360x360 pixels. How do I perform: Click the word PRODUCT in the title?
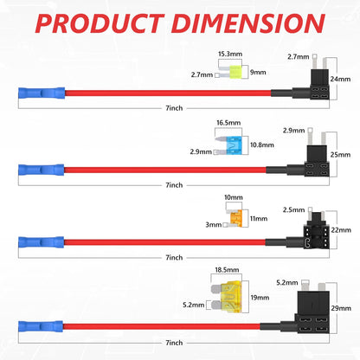[x=100, y=23]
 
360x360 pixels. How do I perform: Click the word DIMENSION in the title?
[x=248, y=23]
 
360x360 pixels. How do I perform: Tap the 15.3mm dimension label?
[x=230, y=54]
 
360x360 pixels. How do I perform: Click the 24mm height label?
[x=340, y=79]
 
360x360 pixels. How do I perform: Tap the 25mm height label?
[x=340, y=155]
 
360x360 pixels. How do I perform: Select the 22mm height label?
[x=341, y=230]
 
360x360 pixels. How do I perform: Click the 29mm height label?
[x=341, y=308]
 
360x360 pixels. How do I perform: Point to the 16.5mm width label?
[x=228, y=123]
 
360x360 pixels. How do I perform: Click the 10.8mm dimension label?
[x=262, y=145]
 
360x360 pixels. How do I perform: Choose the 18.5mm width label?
[x=227, y=270]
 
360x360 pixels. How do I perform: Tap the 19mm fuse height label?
[x=260, y=298]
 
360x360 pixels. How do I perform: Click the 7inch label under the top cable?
[x=174, y=108]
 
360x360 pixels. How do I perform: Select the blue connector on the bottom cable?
[x=41, y=326]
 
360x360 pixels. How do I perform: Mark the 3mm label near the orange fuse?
[x=214, y=225]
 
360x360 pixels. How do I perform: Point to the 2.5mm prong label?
[x=293, y=210]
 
